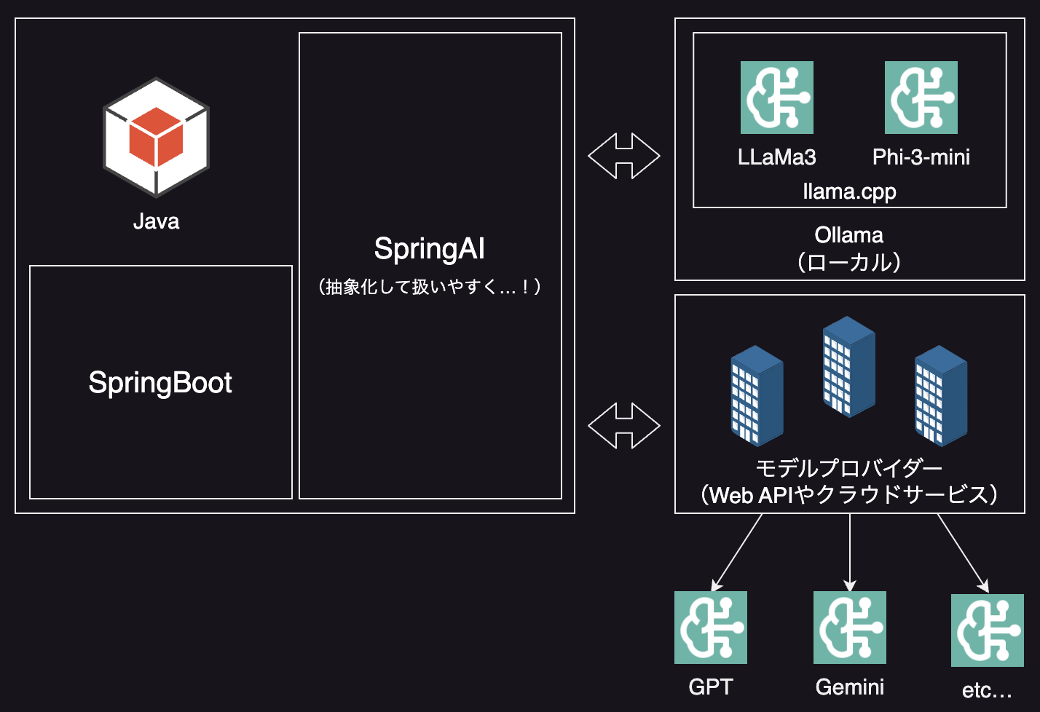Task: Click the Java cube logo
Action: tap(156, 137)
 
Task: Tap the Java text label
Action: tap(156, 221)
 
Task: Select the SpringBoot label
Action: tap(160, 383)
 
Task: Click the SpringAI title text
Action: tap(430, 249)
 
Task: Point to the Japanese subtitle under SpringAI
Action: tap(430, 287)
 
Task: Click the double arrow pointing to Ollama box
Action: tap(624, 156)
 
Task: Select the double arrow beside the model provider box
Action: tap(624, 425)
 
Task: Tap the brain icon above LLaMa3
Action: tap(776, 98)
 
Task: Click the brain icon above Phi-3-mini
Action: tap(921, 98)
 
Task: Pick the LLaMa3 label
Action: tap(776, 157)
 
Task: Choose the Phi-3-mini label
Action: tap(921, 157)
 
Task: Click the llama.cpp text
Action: tap(849, 191)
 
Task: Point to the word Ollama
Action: tap(849, 235)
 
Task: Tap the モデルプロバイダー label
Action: tap(849, 467)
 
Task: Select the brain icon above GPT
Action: tap(711, 628)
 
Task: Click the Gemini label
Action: tap(850, 687)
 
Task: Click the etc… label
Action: tap(987, 690)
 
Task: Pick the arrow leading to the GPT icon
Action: tap(737, 552)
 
